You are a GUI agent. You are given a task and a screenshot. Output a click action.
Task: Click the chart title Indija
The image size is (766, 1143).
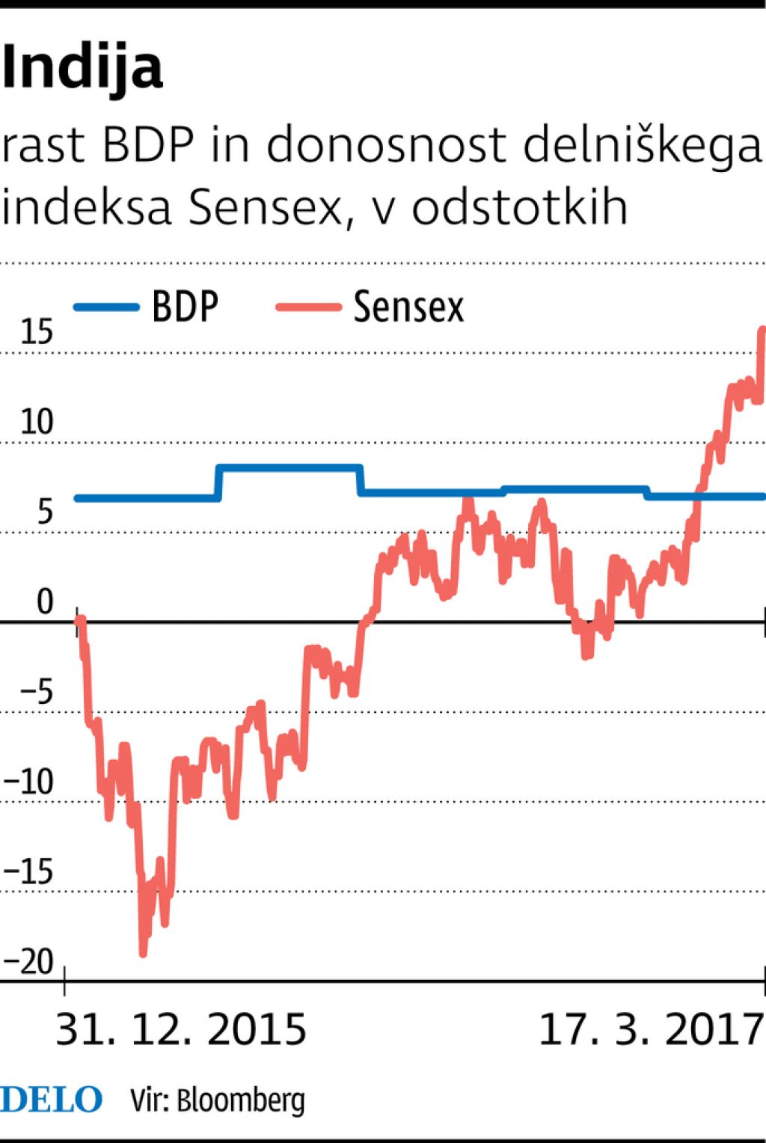pos(82,67)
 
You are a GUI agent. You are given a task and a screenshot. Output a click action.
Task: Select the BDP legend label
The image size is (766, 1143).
pos(185,306)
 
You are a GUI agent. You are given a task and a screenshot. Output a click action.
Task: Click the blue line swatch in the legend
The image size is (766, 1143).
pos(106,307)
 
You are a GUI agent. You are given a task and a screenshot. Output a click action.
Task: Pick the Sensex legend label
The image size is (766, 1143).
pos(408,307)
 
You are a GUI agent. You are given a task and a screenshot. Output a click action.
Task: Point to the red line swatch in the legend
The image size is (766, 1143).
pos(308,307)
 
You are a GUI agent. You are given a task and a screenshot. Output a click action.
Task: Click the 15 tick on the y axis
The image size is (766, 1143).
pos(37,331)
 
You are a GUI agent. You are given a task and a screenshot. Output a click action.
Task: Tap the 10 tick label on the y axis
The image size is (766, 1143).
pos(37,422)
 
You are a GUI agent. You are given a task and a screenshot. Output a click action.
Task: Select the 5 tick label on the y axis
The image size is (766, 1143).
pos(45,512)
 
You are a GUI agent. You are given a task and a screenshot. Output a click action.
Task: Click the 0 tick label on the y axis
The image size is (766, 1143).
pos(45,602)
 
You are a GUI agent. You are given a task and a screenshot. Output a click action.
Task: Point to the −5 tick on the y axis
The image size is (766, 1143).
pos(36,693)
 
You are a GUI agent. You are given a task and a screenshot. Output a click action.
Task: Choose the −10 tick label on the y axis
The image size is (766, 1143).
pos(29,782)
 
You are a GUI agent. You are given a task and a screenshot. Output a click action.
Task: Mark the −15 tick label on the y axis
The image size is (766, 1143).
pos(29,872)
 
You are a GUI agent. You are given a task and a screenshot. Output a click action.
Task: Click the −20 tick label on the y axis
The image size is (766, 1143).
pos(29,962)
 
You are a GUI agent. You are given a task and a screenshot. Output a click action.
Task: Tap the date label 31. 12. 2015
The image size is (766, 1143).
pos(181,1030)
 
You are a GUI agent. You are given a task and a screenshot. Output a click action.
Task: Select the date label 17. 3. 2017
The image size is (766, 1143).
pos(651,1030)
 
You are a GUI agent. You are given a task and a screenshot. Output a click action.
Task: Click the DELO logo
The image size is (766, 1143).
pos(51,1100)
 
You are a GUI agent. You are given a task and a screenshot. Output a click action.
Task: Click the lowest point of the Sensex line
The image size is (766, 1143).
pos(143,954)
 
